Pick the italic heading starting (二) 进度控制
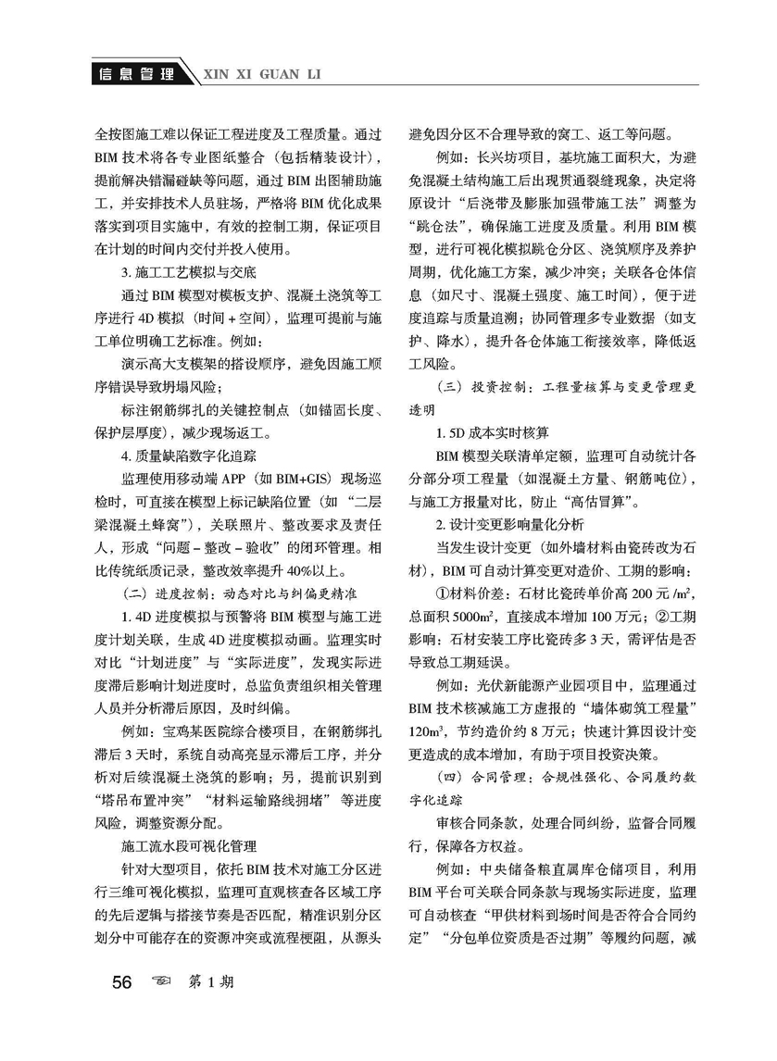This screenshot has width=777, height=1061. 228,592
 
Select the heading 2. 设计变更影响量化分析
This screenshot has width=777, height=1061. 513,524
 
